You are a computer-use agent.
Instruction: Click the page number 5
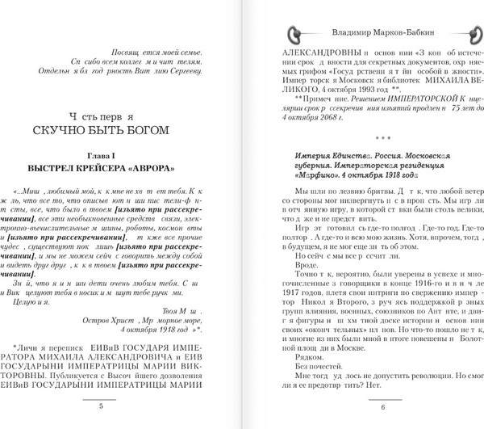pos(123,406)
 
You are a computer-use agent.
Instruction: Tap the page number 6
pos(360,406)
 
